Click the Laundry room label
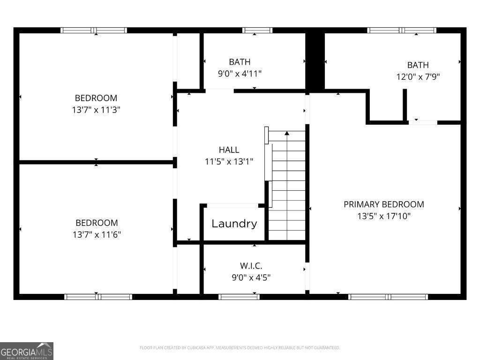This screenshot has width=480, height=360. [234, 224]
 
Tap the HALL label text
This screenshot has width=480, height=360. [229, 150]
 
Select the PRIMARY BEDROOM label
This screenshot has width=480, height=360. [383, 204]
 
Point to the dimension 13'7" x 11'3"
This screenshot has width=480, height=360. [96, 110]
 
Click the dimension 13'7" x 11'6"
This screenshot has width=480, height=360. [97, 234]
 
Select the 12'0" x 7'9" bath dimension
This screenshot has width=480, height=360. [418, 76]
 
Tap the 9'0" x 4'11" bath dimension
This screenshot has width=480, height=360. [240, 74]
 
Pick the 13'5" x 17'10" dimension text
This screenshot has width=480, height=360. [383, 216]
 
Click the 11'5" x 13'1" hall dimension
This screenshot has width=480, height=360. [229, 162]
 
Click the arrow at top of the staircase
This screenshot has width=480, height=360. [287, 134]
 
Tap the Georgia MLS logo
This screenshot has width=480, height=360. [27, 351]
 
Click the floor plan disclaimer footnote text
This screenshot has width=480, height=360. [240, 348]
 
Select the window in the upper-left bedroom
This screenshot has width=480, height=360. [94, 30]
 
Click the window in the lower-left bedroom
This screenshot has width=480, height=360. [98, 297]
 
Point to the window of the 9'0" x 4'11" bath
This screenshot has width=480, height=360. [257, 30]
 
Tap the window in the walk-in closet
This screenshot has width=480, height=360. [239, 297]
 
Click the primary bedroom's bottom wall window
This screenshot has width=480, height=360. [388, 297]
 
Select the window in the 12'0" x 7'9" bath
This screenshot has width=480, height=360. [402, 30]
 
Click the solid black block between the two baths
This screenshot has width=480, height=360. [315, 60]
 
